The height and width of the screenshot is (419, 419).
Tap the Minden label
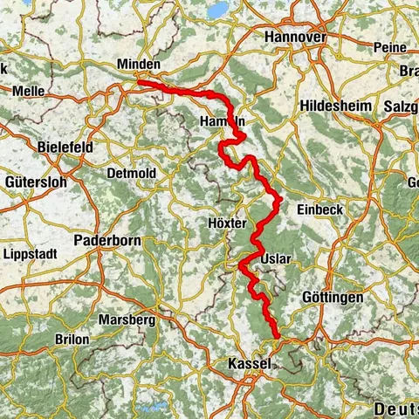click(x=139, y=65)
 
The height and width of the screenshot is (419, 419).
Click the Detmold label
click(x=131, y=174)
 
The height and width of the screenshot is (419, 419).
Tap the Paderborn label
click(x=108, y=239)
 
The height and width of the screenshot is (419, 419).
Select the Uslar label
click(x=274, y=259)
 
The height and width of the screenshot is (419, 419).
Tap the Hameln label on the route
click(x=223, y=121)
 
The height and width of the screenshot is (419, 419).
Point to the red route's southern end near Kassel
click(x=278, y=337)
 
